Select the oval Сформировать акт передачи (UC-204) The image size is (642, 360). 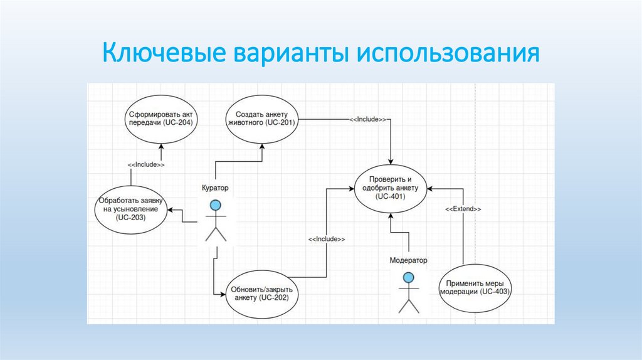pos(161,119)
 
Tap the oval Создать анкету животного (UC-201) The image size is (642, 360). pos(261,119)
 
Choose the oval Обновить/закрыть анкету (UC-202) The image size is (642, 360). pos(262,293)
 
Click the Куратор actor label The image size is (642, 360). pos(215,188)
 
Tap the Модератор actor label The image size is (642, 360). pos(408,260)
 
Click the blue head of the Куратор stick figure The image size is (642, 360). pos(216,204)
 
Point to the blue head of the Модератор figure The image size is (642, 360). pos(409,277)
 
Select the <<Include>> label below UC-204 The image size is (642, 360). pos(146,165)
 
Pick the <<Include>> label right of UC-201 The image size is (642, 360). pos(367,119)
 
